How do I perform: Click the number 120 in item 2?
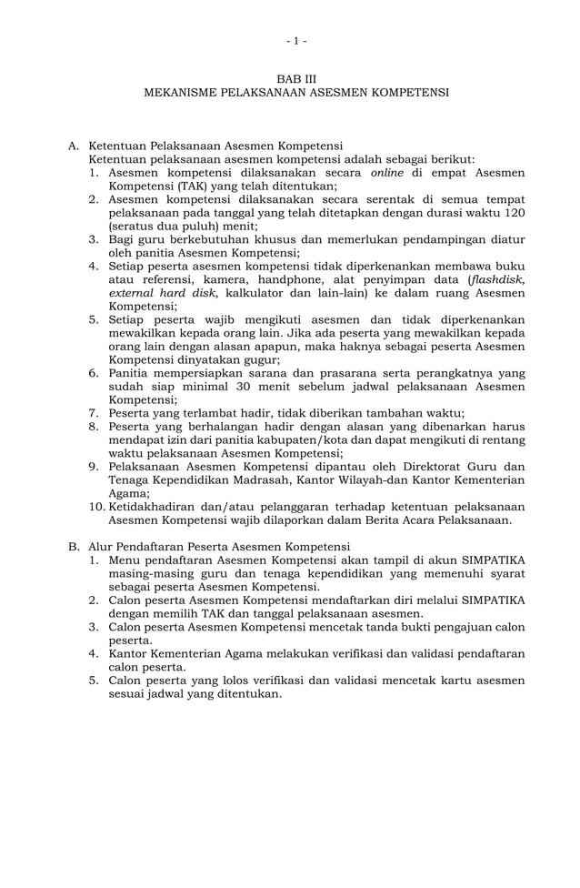tap(512, 212)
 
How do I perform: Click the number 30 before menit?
tap(243, 387)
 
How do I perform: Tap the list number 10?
tap(95, 507)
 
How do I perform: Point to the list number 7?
tap(95, 413)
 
